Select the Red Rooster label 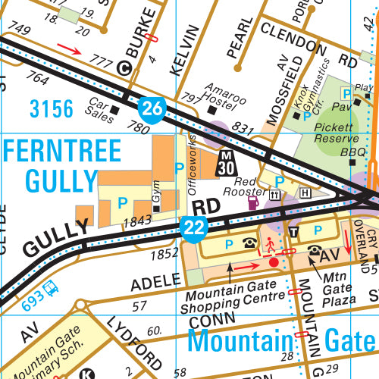pyautogui.click(x=247, y=187)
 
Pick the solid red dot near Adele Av pyautogui.click(x=274, y=262)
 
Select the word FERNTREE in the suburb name pyautogui.click(x=63, y=151)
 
